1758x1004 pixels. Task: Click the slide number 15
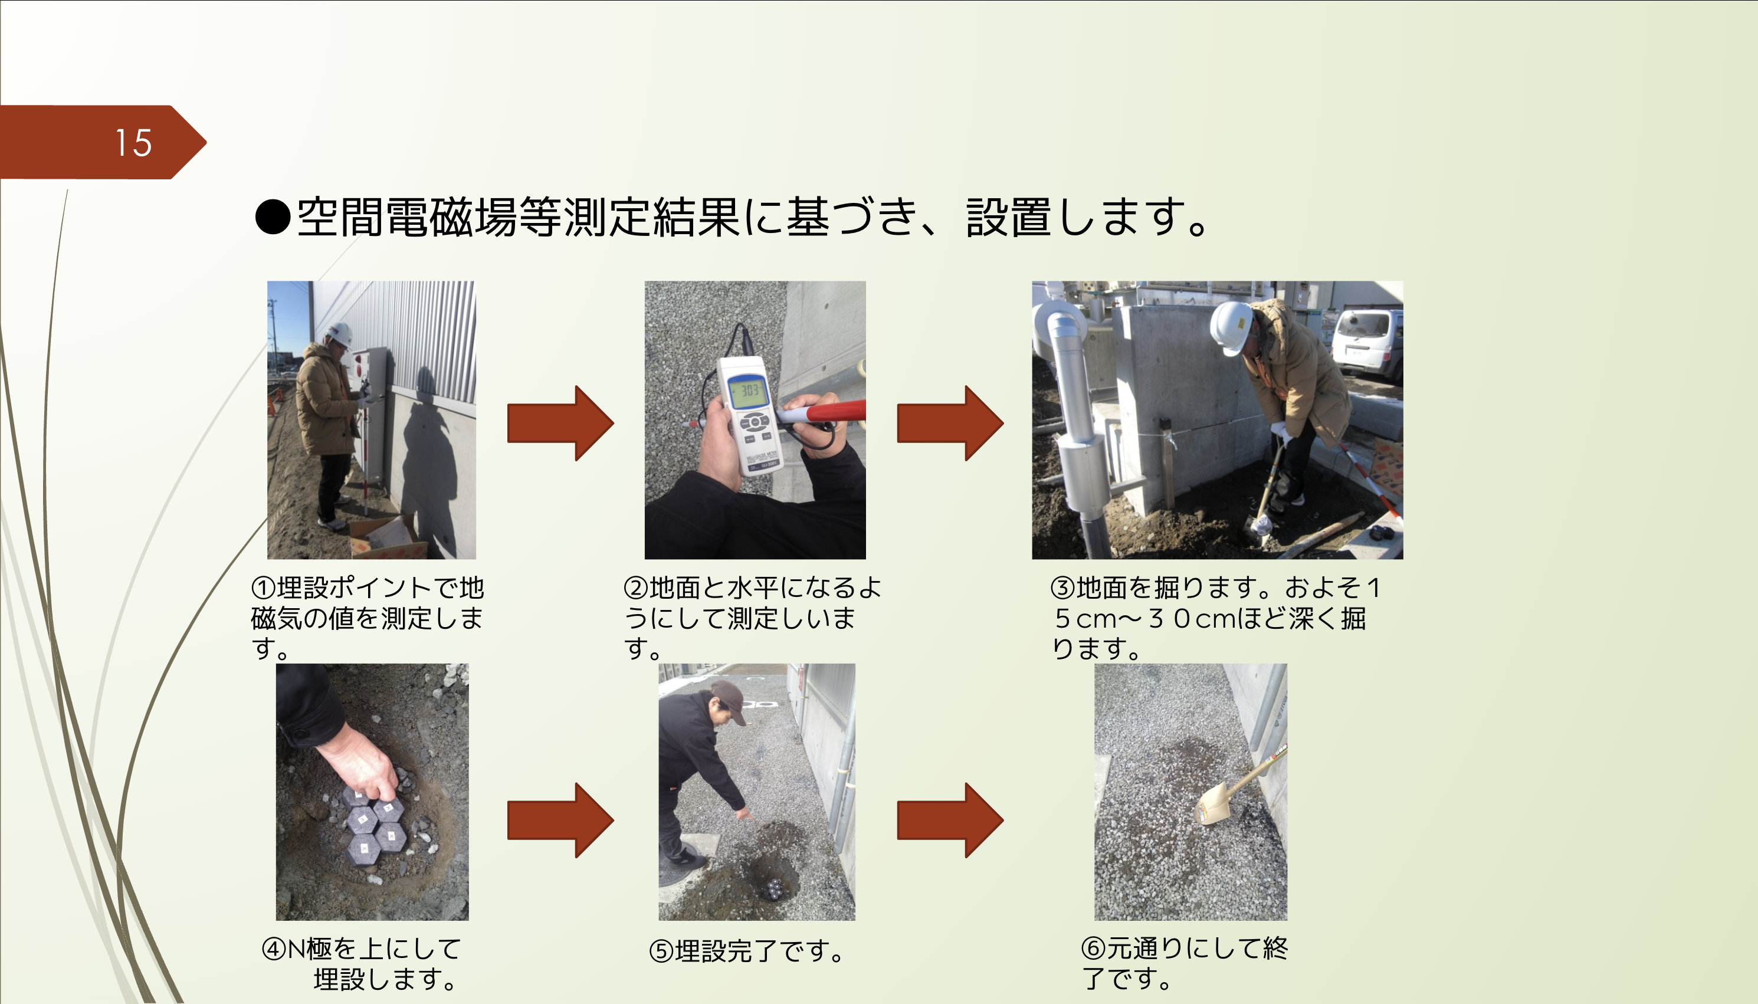[x=133, y=143]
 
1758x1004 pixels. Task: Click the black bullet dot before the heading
[x=273, y=217]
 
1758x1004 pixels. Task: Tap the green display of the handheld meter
[x=750, y=393]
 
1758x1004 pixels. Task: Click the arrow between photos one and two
[x=560, y=423]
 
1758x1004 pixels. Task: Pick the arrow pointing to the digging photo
[x=949, y=423]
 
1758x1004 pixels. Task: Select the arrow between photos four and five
[x=560, y=819]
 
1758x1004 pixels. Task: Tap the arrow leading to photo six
[x=949, y=819]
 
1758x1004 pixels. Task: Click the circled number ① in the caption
[x=263, y=588]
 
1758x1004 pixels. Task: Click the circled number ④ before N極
[x=274, y=949]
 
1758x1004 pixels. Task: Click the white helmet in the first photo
[x=340, y=334]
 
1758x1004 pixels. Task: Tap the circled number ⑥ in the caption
[x=1093, y=949]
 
